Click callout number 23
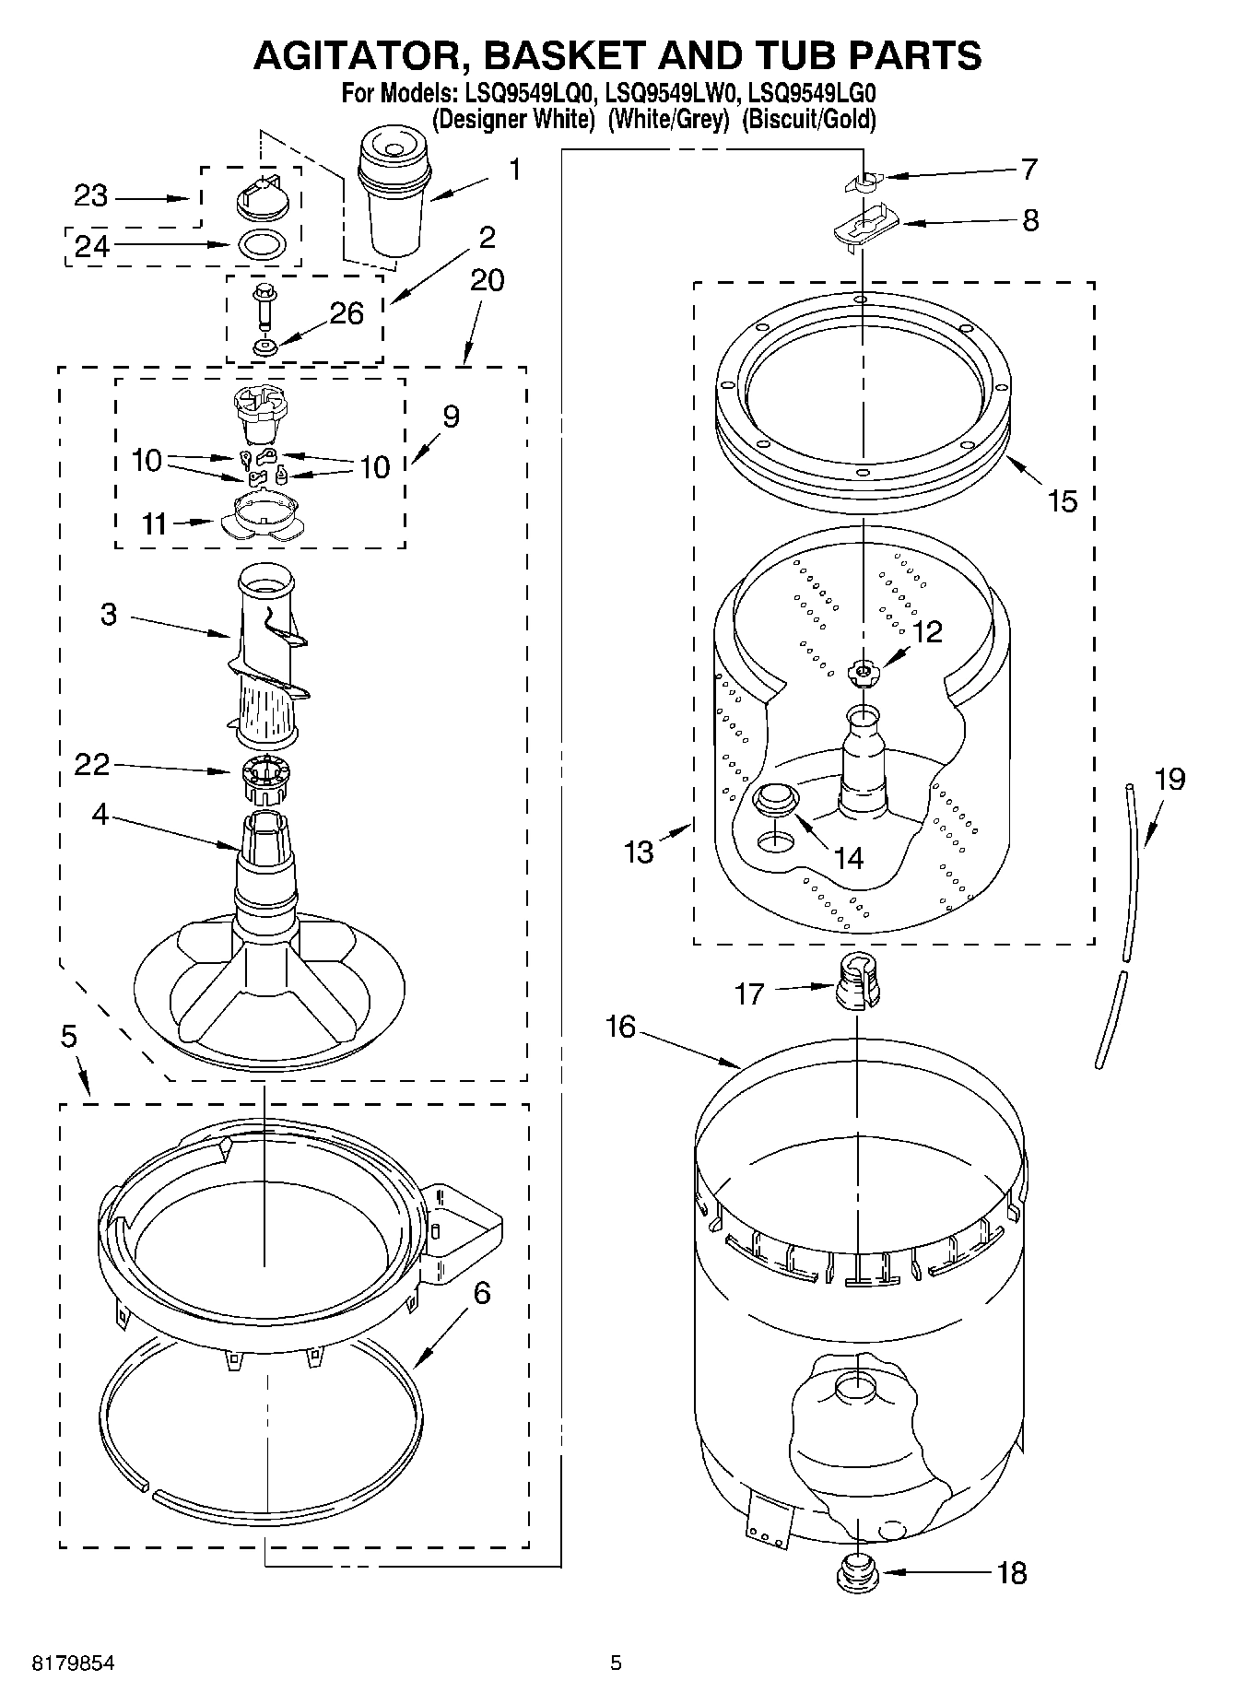tap(91, 196)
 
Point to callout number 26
tap(347, 313)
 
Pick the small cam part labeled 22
tap(264, 779)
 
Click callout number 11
tap(155, 523)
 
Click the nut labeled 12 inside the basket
tap(863, 673)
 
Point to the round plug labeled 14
tap(774, 799)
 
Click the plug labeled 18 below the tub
tap(856, 1572)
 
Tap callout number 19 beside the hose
tap(1169, 779)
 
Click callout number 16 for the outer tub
tap(621, 1026)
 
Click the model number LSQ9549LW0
tap(673, 93)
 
